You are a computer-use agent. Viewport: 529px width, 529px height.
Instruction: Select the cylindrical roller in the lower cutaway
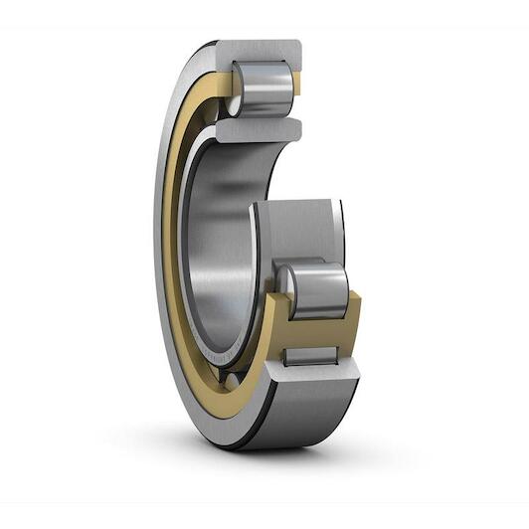point(316,290)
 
